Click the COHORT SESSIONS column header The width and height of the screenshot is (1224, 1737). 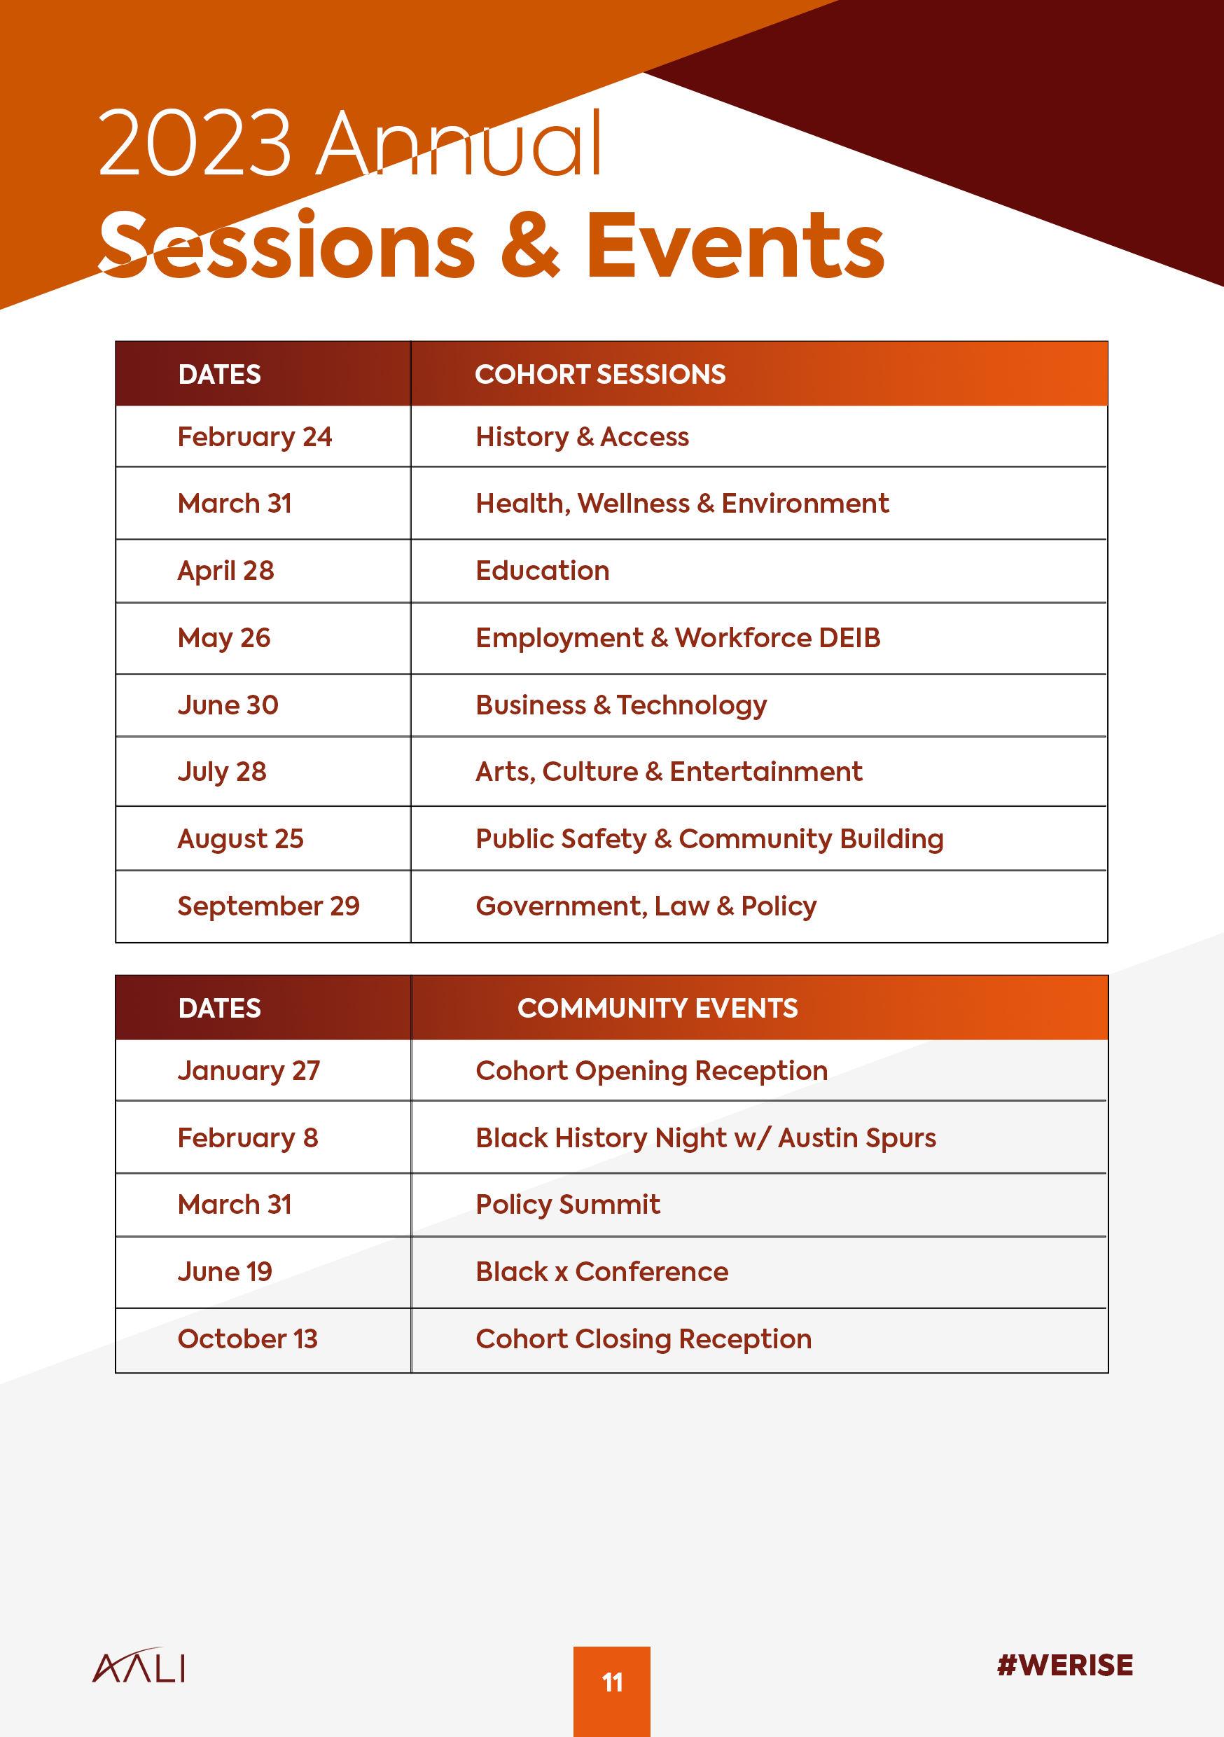[600, 375]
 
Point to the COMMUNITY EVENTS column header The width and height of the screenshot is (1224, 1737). [658, 1009]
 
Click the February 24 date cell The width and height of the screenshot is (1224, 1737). [255, 436]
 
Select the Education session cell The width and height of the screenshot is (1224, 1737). [543, 570]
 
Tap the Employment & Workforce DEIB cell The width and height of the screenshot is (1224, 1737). [678, 638]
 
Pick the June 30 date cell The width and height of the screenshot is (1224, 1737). [228, 705]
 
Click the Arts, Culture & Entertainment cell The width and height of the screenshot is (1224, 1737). [669, 772]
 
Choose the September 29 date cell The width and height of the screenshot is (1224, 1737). [269, 906]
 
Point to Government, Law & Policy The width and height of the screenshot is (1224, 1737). [646, 906]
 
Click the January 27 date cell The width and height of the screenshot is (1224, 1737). [249, 1070]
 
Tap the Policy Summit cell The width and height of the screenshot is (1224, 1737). [567, 1205]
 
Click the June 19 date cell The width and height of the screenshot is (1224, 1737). [225, 1271]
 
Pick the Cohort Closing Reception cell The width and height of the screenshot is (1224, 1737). [643, 1338]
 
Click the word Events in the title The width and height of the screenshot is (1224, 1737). [735, 245]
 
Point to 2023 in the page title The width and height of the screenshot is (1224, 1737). [195, 144]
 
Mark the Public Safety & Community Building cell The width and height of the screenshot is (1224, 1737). [709, 838]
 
